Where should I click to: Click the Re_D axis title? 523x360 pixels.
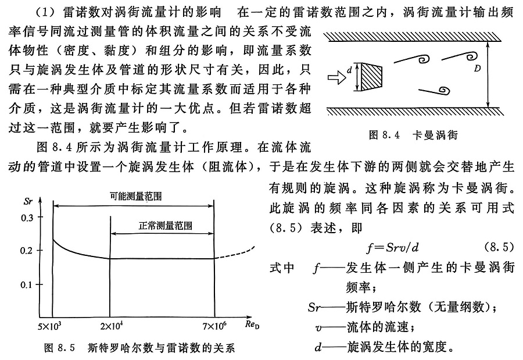tap(249, 322)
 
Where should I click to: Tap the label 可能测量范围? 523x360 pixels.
tap(135, 196)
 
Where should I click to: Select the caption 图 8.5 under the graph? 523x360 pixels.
tap(139, 348)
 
